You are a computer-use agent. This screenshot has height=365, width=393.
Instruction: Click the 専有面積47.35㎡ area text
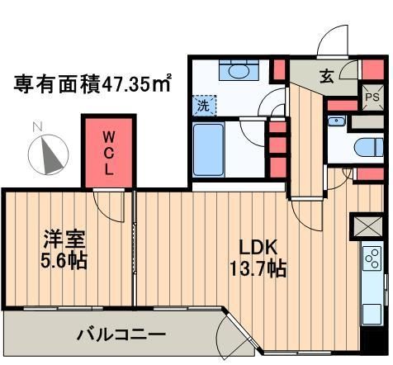pyautogui.click(x=92, y=83)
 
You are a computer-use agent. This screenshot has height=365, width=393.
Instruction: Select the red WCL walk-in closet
pyautogui.click(x=108, y=152)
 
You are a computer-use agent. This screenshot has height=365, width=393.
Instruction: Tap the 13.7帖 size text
pyautogui.click(x=257, y=269)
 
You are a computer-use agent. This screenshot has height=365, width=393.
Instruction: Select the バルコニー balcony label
pyautogui.click(x=122, y=335)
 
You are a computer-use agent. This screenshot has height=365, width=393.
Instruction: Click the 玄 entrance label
pyautogui.click(x=326, y=77)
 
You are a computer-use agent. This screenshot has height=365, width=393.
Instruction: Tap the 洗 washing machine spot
pyautogui.click(x=203, y=105)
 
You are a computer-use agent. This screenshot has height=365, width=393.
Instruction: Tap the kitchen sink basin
pyautogui.click(x=372, y=311)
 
